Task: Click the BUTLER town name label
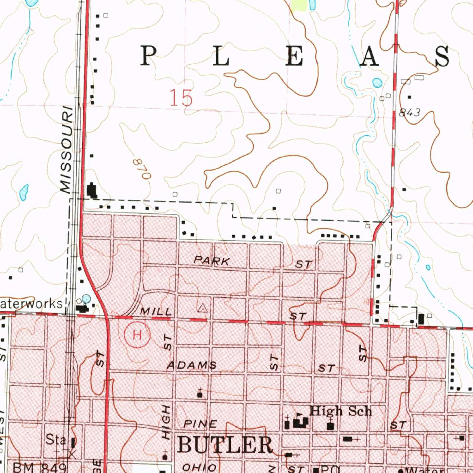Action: point(225,445)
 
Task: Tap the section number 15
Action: point(181,98)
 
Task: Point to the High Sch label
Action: point(340,411)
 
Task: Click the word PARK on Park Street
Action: point(212,261)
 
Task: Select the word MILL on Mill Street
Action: point(157,312)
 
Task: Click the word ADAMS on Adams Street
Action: point(192,365)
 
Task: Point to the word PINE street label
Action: point(200,424)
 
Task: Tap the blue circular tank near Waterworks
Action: point(86,299)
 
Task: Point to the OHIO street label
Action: point(199,467)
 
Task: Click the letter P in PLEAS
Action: point(148,57)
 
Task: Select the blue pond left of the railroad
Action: point(23,193)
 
